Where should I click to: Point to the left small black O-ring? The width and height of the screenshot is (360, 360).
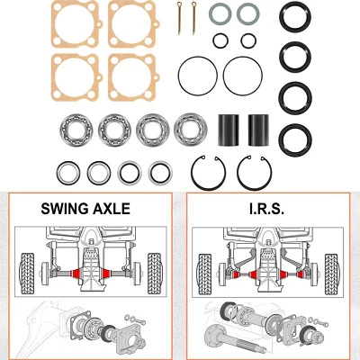[220, 40]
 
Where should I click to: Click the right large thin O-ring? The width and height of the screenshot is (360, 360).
[242, 73]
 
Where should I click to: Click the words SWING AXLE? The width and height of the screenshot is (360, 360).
[85, 208]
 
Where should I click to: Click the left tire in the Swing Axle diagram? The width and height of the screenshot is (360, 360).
[27, 269]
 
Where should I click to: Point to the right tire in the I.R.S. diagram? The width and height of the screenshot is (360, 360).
[334, 269]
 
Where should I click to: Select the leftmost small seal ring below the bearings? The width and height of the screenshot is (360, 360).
[66, 170]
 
